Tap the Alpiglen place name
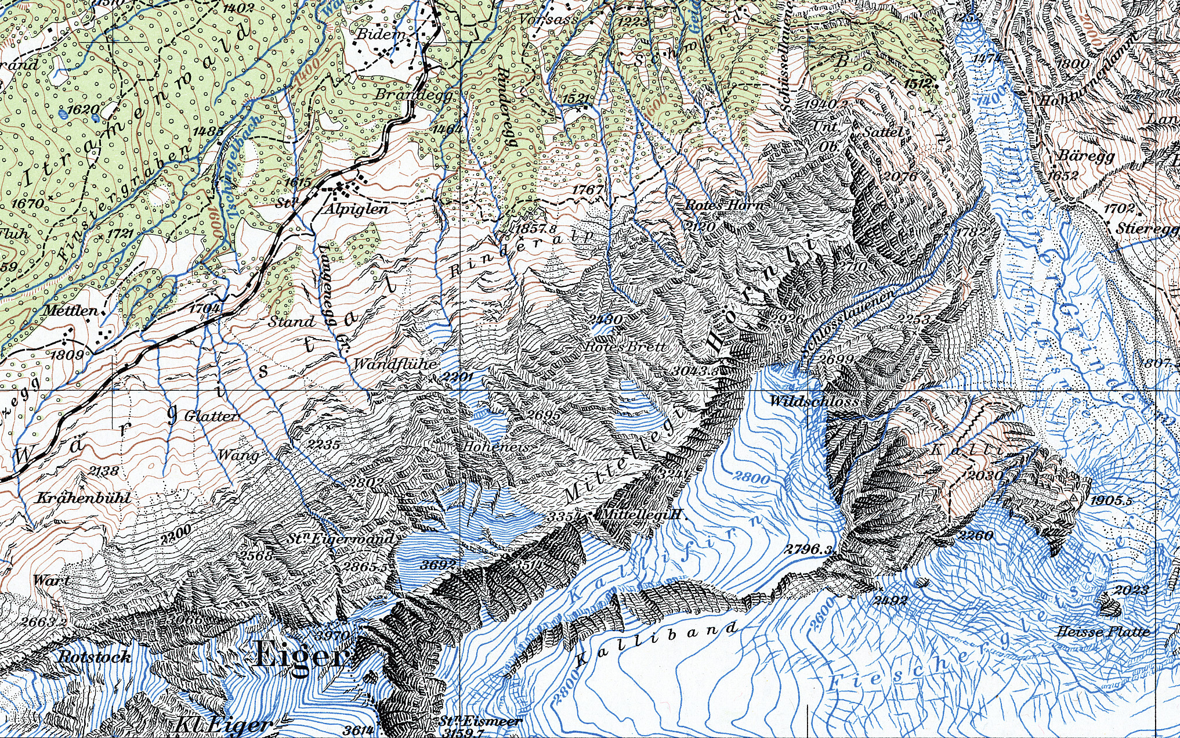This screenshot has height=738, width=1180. pos(356,209)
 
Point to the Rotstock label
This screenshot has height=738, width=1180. pos(95,657)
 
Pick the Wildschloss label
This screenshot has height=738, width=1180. pos(813,401)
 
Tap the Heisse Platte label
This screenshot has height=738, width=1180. pos(1103,632)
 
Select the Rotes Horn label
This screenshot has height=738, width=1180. pos(724,205)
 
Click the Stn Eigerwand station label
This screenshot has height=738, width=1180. pos(341,539)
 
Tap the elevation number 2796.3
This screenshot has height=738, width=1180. pos(810,549)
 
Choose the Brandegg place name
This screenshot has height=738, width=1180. pos(414,94)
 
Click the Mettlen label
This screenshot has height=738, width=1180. pos(71,311)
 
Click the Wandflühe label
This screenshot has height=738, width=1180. pos(394,364)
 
